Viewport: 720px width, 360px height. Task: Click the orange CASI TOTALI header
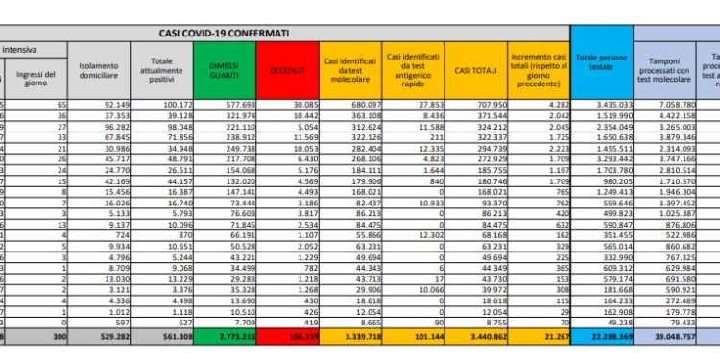coord(474,69)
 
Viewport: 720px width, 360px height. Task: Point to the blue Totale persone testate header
coord(599,68)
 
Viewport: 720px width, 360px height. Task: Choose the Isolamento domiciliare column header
coord(101,68)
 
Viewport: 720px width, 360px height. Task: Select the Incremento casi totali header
coord(538,68)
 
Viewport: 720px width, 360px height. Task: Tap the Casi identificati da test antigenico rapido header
coord(412,68)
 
